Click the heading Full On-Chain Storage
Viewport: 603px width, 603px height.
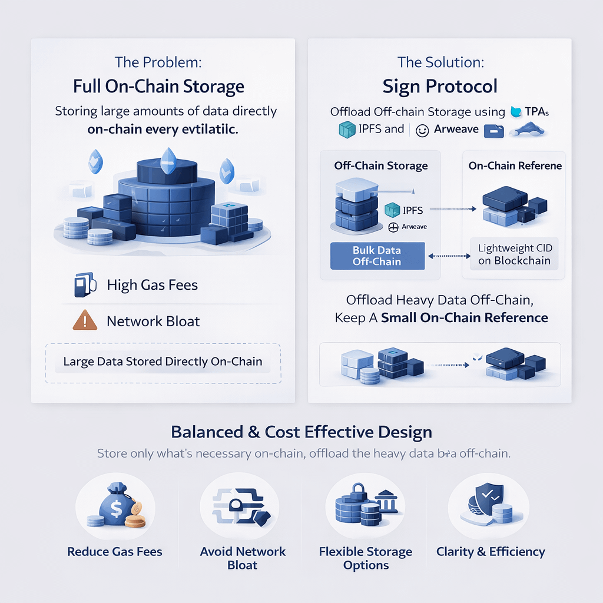pos(158,87)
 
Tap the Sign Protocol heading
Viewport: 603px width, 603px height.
pos(439,87)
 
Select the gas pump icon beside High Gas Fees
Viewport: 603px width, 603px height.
pos(81,285)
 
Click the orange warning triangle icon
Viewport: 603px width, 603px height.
pos(84,321)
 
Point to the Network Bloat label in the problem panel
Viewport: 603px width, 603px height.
pos(153,322)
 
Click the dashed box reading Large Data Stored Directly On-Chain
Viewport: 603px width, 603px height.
pos(163,362)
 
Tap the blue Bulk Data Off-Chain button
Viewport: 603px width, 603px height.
pos(376,256)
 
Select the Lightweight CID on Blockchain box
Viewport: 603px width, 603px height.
pos(514,254)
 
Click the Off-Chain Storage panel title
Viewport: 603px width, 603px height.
pos(380,165)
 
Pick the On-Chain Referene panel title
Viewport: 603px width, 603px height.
pos(515,165)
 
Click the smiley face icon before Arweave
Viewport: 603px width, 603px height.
pos(422,131)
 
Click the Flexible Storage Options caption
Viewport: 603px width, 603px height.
pos(366,558)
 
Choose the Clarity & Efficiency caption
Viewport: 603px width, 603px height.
pos(491,552)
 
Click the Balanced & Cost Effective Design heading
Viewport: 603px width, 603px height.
pos(301,432)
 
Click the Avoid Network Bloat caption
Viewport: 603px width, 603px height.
pos(243,558)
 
